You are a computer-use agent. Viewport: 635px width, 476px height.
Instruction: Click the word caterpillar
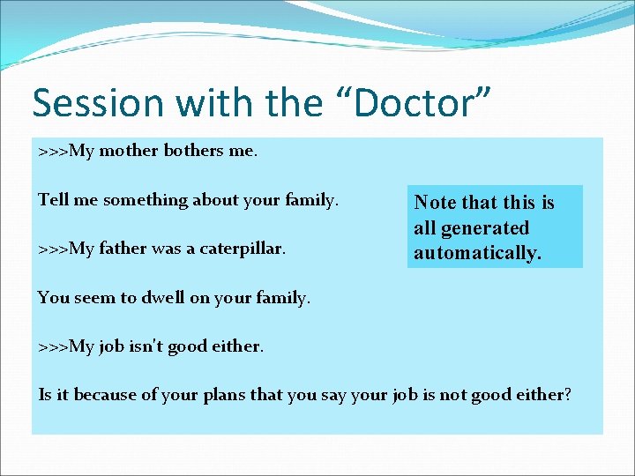240,249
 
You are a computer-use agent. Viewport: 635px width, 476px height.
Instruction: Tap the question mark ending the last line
567,395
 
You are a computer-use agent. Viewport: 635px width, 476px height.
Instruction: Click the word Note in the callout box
433,203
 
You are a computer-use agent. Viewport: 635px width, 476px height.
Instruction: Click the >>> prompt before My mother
53,151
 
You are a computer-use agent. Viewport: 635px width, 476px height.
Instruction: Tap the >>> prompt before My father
53,249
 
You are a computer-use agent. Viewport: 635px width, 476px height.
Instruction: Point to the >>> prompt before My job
53,346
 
